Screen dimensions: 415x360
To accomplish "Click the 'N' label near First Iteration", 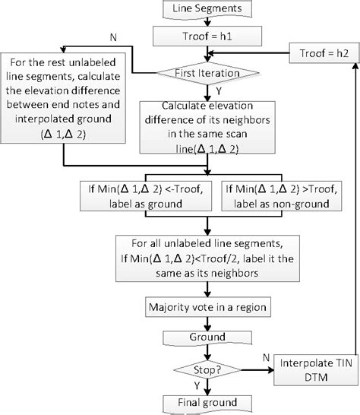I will [x=114, y=37].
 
